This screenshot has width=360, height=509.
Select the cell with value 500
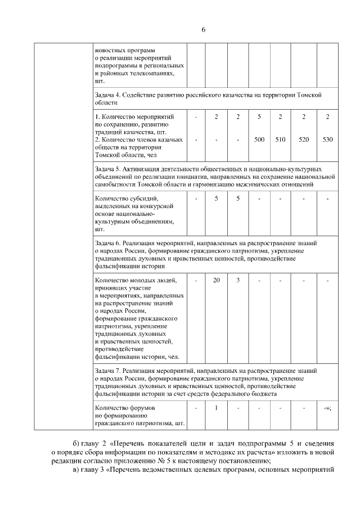click(x=259, y=139)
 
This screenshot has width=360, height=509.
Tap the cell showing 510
click(x=280, y=139)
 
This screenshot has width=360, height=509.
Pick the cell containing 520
click(x=303, y=139)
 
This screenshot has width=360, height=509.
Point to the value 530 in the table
click(x=327, y=139)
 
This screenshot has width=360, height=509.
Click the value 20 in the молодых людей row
click(x=216, y=280)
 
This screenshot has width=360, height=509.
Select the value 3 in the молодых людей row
click(x=238, y=280)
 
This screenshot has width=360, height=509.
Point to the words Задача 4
click(x=107, y=95)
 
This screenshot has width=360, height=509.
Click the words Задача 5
click(x=107, y=168)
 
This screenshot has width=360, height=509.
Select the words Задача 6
click(x=107, y=243)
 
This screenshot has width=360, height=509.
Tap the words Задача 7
click(x=107, y=371)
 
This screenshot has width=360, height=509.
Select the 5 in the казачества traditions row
click(x=259, y=116)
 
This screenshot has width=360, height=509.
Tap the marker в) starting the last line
click(x=78, y=470)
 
